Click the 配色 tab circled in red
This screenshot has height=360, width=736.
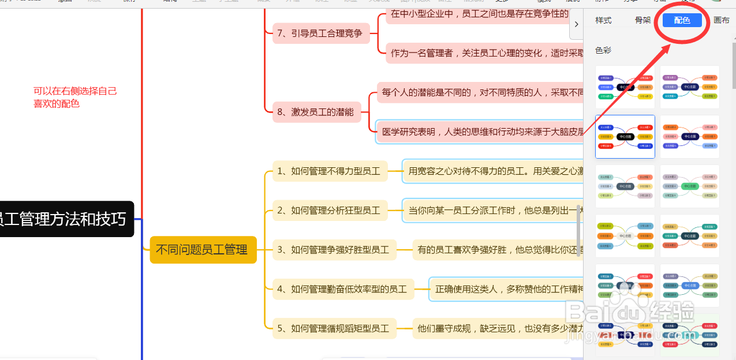[x=682, y=20]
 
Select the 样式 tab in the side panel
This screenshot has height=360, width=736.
[x=603, y=20]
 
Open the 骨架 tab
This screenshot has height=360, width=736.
[x=642, y=20]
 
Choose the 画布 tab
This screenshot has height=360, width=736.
[x=722, y=20]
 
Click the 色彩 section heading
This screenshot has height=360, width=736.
[x=603, y=50]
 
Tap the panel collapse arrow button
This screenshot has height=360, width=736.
[x=576, y=24]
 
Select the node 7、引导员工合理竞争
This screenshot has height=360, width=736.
[x=319, y=33]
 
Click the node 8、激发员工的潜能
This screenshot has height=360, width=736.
[x=315, y=112]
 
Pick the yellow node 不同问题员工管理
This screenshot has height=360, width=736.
[x=203, y=250]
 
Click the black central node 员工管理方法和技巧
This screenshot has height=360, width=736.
[x=63, y=219]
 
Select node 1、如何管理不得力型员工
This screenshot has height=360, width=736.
[x=329, y=171]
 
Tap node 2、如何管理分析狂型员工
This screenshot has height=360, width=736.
[x=329, y=211]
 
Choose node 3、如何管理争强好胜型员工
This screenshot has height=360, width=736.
[x=334, y=250]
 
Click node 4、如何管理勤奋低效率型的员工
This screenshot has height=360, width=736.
[x=342, y=289]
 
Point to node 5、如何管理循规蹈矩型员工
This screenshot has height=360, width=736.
[x=334, y=329]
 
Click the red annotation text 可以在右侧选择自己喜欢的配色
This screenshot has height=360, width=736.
[x=75, y=97]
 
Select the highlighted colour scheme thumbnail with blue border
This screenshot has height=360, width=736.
[x=625, y=137]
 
